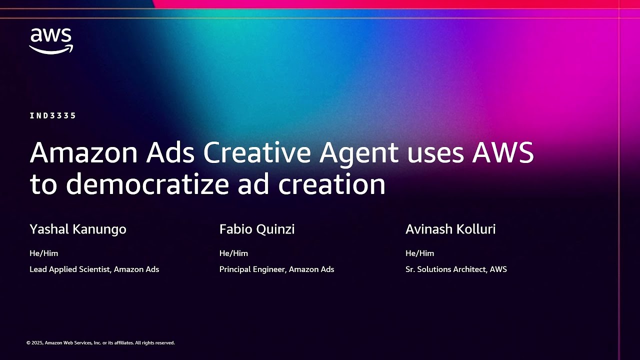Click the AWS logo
click(x=51, y=40)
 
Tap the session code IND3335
click(x=53, y=115)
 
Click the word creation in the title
click(x=331, y=184)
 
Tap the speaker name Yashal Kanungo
click(x=78, y=229)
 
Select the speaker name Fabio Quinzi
click(x=257, y=229)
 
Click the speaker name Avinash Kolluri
click(x=450, y=229)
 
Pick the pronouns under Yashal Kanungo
click(x=44, y=253)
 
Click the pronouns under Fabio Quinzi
click(x=233, y=253)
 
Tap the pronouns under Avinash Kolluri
click(x=419, y=253)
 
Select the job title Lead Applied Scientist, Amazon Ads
click(x=94, y=269)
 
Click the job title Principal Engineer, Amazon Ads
click(x=276, y=269)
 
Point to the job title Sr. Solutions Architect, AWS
click(x=456, y=269)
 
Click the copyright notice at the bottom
click(x=100, y=343)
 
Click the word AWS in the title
click(x=503, y=153)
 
